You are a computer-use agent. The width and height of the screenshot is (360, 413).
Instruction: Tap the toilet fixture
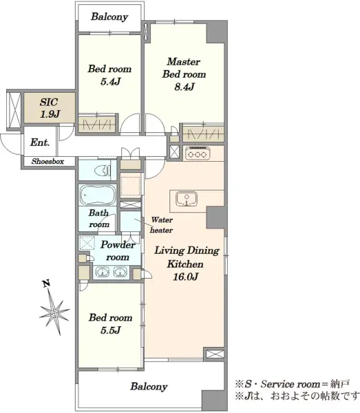click(x=103, y=171)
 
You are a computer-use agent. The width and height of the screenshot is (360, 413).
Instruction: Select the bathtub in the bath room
click(x=98, y=195)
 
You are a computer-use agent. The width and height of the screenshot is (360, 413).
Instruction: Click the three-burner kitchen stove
click(x=198, y=153)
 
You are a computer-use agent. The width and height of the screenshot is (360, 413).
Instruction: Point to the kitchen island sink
click(x=187, y=199)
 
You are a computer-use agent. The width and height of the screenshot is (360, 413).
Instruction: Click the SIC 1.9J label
click(x=50, y=108)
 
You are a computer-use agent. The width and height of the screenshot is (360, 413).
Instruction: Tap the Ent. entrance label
click(x=40, y=142)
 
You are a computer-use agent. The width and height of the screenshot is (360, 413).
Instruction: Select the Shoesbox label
click(x=47, y=161)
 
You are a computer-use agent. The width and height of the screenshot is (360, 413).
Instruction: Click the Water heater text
click(x=162, y=225)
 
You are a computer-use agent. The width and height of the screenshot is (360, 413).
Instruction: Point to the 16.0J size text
click(x=185, y=277)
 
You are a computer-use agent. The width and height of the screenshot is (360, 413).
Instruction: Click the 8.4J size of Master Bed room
click(x=184, y=87)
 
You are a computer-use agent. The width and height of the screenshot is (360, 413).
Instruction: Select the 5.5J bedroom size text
click(x=111, y=330)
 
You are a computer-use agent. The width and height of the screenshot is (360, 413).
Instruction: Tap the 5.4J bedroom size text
click(x=110, y=82)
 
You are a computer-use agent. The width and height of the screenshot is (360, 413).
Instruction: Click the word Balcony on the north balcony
click(x=109, y=17)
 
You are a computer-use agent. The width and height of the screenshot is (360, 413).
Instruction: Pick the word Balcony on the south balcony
click(x=149, y=387)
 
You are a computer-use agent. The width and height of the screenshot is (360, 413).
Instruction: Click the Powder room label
click(x=118, y=251)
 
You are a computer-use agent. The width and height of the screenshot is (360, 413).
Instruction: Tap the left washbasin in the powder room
click(x=103, y=272)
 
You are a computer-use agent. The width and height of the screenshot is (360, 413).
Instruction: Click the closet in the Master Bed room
click(x=204, y=134)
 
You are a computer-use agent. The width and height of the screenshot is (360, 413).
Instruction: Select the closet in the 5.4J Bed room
click(x=97, y=123)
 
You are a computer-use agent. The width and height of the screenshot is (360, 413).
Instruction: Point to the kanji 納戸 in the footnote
click(x=340, y=384)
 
